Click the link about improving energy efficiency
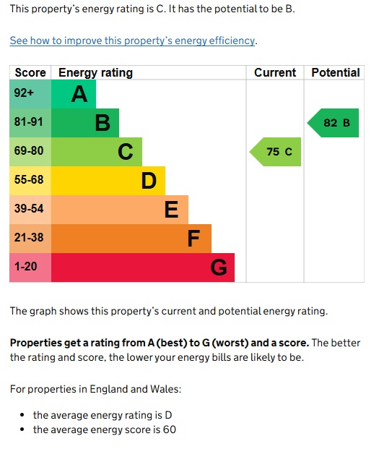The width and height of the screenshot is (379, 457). coord(132,41)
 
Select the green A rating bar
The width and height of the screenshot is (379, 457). coord(74,94)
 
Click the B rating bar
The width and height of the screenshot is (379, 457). coord(85,123)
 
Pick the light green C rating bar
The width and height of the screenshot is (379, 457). coord(97,152)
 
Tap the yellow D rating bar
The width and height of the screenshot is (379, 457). coord(108,181)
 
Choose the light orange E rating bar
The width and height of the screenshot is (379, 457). coord(120,210)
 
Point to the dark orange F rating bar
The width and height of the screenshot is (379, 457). coord(131,239)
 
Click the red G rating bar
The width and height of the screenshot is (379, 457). coord(143,268)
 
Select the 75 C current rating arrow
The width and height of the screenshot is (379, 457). coord(275,152)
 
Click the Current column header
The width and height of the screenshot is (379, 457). coord(275,73)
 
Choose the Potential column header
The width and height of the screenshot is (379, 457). coord(335,73)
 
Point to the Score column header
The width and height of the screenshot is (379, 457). coord(30,73)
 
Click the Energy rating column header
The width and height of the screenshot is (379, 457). coord(95,73)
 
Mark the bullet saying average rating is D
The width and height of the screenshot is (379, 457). coord(103,415)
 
